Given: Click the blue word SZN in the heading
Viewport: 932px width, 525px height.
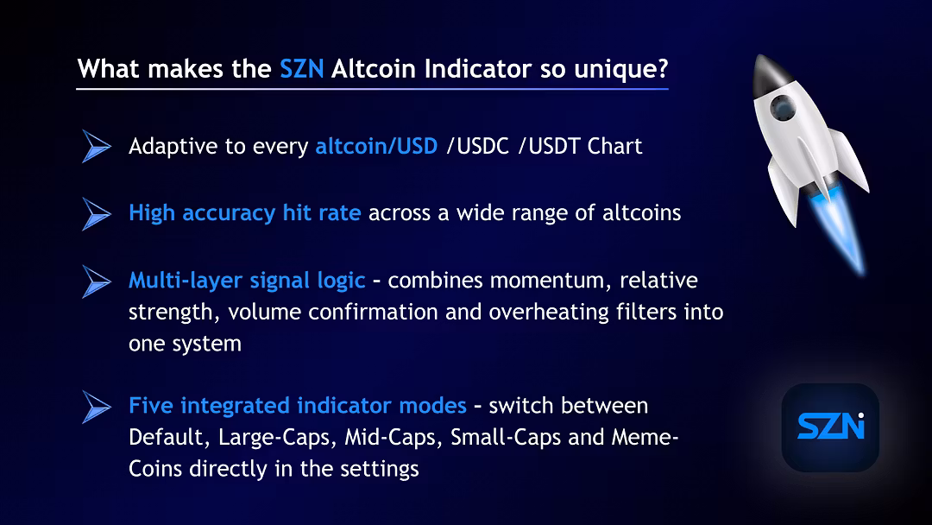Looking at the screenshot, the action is pos(301,69).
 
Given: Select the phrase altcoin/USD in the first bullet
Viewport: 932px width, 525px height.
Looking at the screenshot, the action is pos(376,146).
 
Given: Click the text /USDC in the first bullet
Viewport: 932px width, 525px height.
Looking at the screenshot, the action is pos(478,146).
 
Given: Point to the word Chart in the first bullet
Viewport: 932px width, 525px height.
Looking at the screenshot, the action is pos(614,146).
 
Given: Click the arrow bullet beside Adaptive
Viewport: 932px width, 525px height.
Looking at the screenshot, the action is pos(97,146).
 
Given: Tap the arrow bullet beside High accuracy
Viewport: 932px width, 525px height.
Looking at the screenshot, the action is pos(97,213).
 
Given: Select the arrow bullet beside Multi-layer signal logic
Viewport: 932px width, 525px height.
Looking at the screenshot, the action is pos(97,281).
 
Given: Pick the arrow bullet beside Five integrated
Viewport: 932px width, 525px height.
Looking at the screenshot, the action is pos(97,407).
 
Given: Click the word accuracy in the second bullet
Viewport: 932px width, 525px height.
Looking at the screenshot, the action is pos(228,214).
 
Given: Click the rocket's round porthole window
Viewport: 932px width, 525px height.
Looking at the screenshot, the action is pos(783,108).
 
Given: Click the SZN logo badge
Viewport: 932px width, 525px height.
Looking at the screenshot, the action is pos(830,427).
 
